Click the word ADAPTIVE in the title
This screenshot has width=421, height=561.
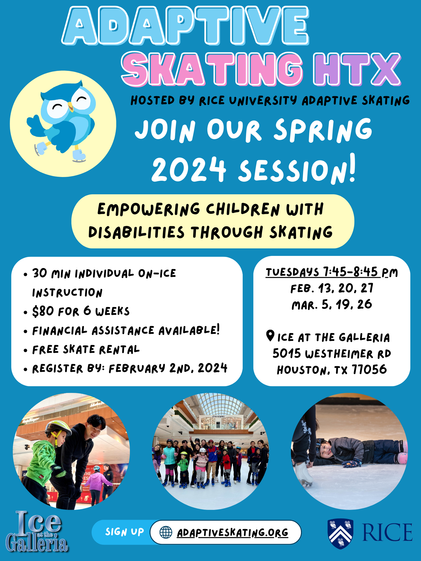[x=185, y=25]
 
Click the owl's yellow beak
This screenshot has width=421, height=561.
[x=70, y=106]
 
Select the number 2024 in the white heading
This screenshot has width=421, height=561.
[x=189, y=169]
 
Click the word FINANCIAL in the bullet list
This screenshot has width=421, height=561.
[x=60, y=331]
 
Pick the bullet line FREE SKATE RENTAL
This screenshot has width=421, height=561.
[x=86, y=350]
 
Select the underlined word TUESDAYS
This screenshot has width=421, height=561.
[x=292, y=272]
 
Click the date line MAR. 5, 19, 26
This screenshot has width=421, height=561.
[x=332, y=305]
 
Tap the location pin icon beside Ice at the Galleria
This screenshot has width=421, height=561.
[x=270, y=336]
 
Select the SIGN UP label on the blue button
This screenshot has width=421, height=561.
[x=124, y=532]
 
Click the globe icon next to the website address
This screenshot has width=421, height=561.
[x=166, y=532]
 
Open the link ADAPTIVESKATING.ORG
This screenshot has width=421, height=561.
[x=232, y=533]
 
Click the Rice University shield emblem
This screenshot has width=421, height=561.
[x=340, y=533]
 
